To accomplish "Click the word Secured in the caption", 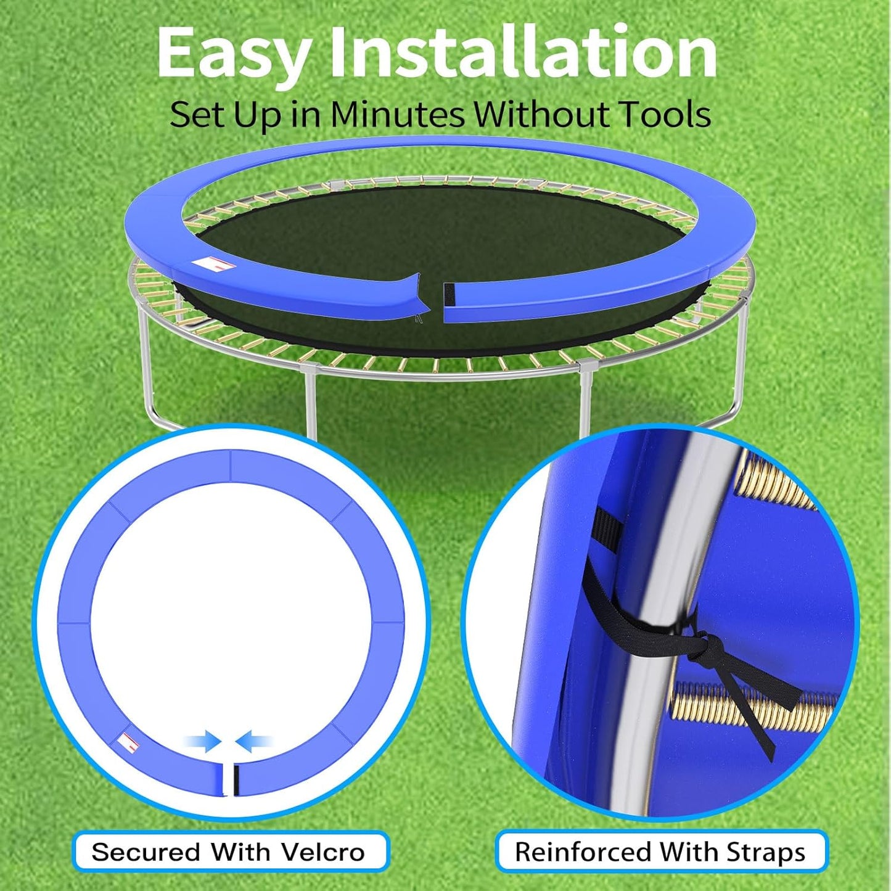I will (146, 852).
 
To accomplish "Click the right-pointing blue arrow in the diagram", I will (203, 741).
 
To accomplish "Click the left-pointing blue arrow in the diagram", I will (254, 741).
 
